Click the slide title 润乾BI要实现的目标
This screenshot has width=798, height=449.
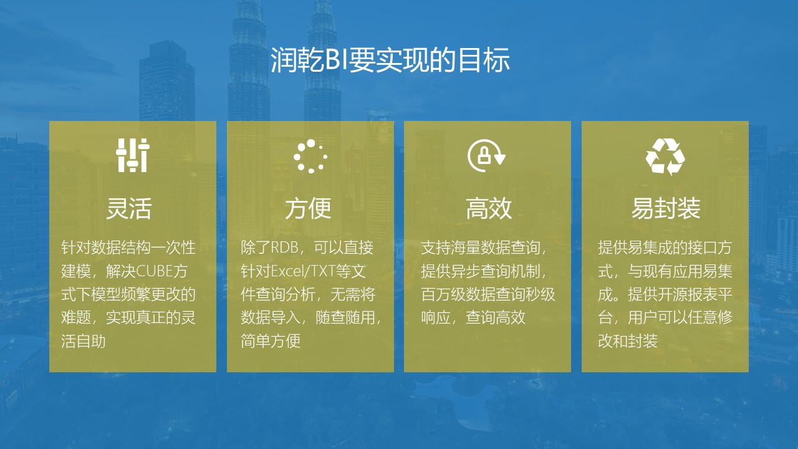coord(390,60)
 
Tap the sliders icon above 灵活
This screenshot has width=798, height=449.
coord(133,155)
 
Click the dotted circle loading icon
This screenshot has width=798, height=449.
coord(310,156)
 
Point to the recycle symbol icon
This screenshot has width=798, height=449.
coord(665,157)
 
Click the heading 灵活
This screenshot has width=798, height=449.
coord(129,208)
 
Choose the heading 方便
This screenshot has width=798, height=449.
coord(309,208)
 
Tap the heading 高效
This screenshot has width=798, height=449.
coord(489,208)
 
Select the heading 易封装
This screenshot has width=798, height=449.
coord(666,208)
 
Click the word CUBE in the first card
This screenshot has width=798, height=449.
coord(154,271)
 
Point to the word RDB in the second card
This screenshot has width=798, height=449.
coord(284,248)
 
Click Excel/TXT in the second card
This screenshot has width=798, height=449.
coord(303,271)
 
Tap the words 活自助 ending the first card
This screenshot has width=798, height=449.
coord(84,341)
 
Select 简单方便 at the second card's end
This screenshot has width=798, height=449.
coord(271,341)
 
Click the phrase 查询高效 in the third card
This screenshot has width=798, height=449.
coord(496,317)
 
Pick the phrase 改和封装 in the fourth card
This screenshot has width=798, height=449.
coord(628,341)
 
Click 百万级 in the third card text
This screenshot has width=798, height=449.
coord(443,294)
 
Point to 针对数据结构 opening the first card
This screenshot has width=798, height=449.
coord(106,248)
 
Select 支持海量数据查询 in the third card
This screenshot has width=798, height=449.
coord(481,248)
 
